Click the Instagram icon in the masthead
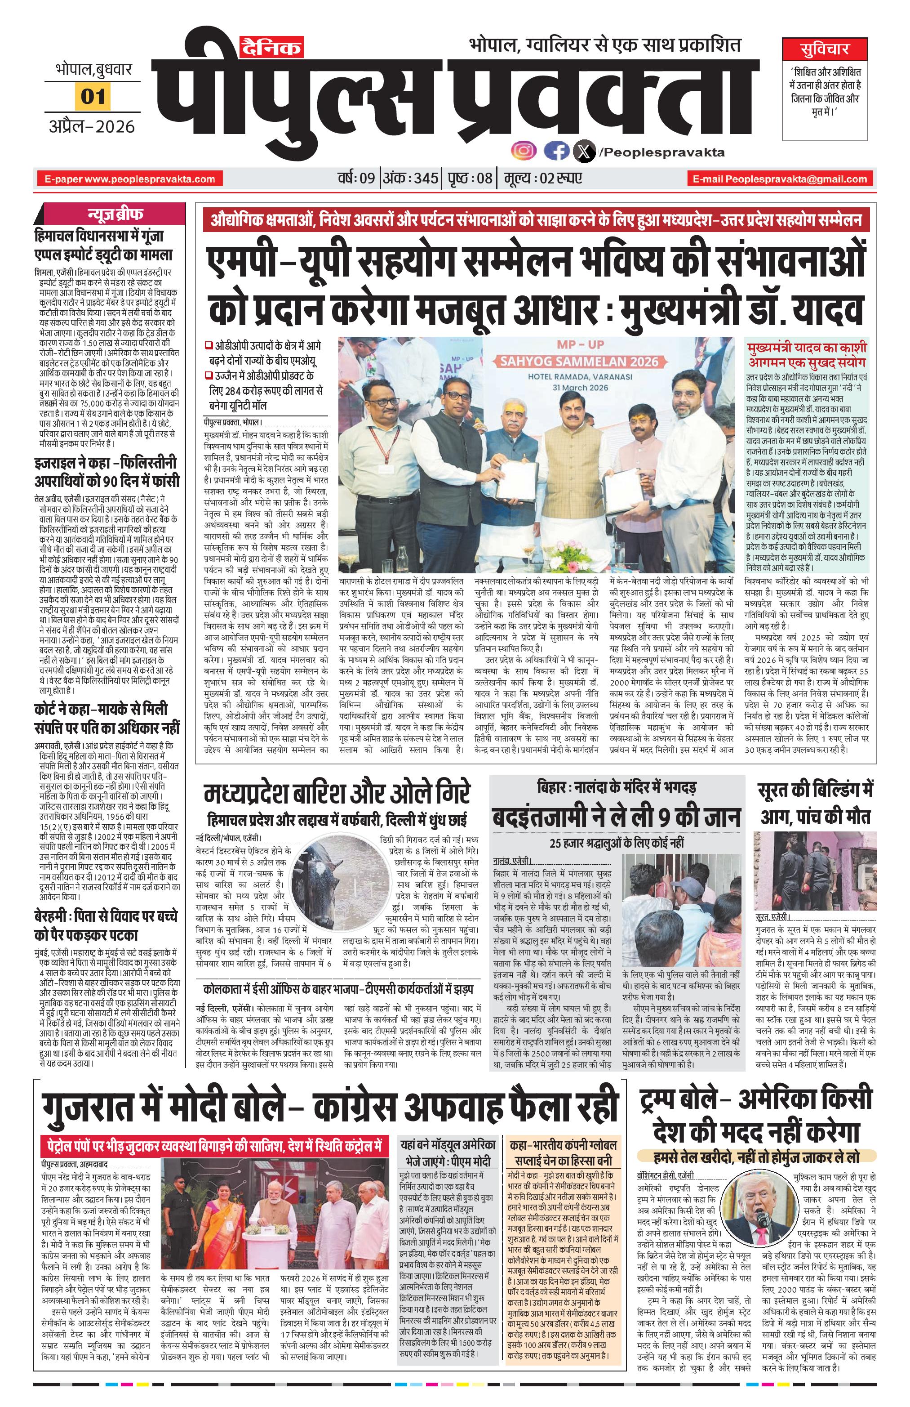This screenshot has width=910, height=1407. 524,152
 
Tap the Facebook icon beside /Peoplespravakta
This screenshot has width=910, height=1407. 555,152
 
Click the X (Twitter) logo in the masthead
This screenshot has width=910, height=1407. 584,152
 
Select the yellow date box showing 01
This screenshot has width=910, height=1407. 93,96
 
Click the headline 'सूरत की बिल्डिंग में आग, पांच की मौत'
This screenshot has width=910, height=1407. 814,804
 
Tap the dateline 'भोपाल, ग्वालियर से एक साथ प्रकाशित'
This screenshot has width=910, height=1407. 604,45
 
